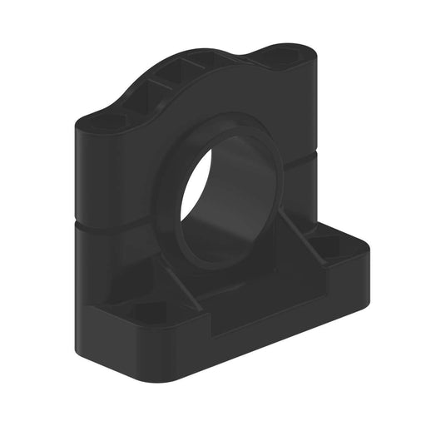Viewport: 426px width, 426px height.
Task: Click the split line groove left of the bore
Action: coord(116,225)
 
